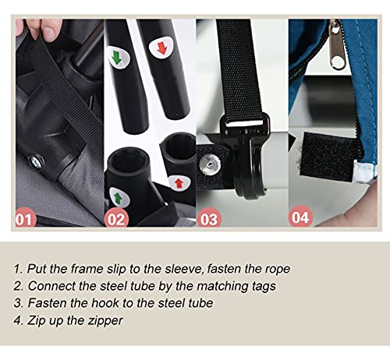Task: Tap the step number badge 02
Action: click(116, 218)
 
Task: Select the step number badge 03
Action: click(209, 218)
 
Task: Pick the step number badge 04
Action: click(300, 217)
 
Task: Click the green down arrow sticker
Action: click(118, 58)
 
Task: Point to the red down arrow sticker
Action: click(161, 48)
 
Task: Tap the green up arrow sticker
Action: click(119, 197)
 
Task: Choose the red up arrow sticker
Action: click(179, 183)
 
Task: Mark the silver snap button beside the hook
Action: click(210, 164)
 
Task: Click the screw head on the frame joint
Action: click(36, 163)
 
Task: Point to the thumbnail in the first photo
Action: click(49, 29)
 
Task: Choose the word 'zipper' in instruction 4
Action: click(105, 321)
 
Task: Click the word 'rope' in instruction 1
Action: click(278, 270)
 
